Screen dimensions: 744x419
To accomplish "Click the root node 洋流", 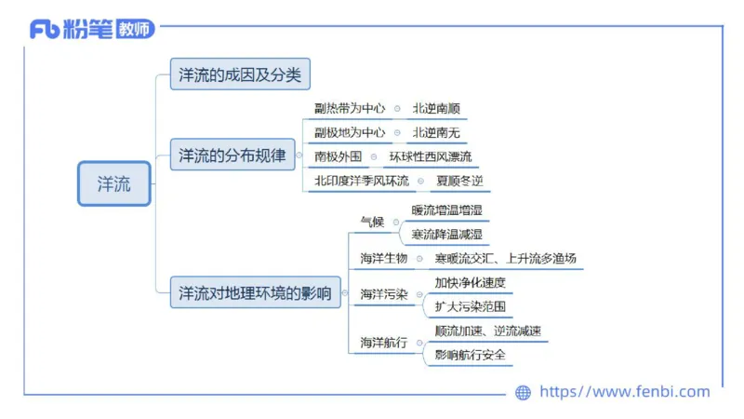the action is tap(114, 183).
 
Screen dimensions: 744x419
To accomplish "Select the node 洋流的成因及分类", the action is tap(240, 75).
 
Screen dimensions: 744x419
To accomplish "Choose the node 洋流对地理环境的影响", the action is tap(255, 293).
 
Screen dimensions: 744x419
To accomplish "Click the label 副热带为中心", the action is tap(350, 108).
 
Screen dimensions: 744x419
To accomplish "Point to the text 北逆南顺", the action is tap(436, 108).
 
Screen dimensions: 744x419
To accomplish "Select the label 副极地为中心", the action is tap(350, 132).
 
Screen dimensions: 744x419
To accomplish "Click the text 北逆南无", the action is tap(436, 132).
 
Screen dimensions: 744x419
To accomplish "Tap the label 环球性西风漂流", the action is tap(431, 156).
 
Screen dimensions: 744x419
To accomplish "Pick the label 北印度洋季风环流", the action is tap(362, 181).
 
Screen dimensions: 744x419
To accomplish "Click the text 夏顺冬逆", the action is tap(459, 181).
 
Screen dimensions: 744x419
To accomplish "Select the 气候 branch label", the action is tap(372, 222).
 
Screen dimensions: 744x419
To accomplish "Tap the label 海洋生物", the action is tap(383, 258).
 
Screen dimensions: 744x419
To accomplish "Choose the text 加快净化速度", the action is tap(470, 282).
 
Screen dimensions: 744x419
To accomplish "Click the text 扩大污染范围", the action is tap(470, 305).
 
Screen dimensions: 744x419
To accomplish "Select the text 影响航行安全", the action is tap(470, 354).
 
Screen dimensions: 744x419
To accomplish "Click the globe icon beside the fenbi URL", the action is tap(524, 393).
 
